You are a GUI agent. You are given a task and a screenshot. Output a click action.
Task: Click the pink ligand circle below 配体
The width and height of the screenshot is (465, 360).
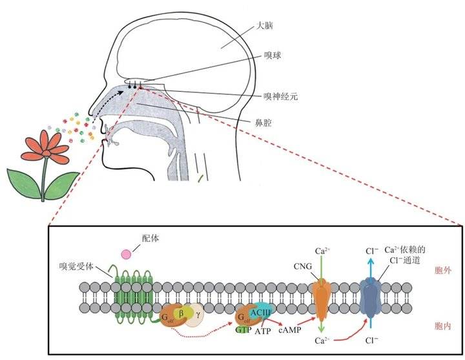127,254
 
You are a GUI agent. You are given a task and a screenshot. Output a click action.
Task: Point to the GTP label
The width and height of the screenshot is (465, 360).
243,329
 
